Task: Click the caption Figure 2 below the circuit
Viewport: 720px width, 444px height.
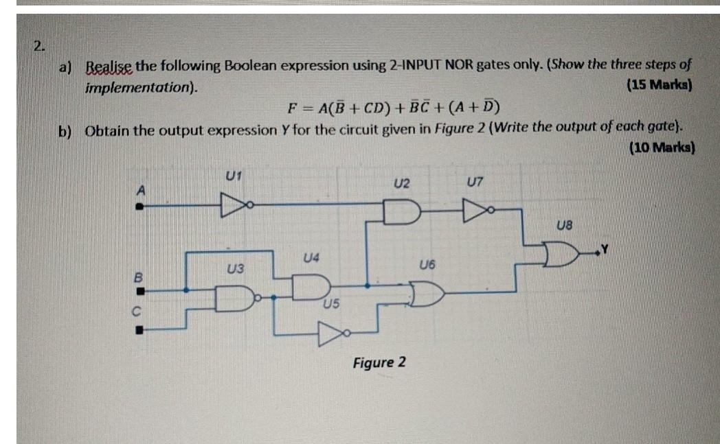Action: (x=379, y=362)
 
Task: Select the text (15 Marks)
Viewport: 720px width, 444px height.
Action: (x=660, y=86)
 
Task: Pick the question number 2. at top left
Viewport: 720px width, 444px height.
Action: (x=41, y=47)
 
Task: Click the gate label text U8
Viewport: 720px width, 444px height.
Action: (x=563, y=224)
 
